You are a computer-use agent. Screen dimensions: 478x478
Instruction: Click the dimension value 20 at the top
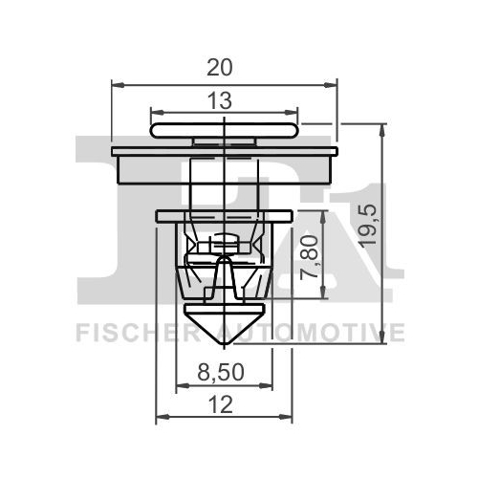click(x=220, y=68)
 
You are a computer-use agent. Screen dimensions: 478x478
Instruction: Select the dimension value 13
click(x=220, y=100)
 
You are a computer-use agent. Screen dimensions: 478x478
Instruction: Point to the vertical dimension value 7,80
click(x=309, y=256)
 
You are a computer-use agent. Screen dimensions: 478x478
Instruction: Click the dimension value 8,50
click(x=221, y=372)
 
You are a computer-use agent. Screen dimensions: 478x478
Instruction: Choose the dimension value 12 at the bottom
click(x=221, y=405)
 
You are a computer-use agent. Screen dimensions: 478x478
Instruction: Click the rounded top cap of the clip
click(x=225, y=131)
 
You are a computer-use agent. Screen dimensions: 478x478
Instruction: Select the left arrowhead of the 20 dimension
click(x=118, y=85)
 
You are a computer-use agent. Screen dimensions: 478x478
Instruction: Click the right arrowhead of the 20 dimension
click(x=331, y=85)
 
